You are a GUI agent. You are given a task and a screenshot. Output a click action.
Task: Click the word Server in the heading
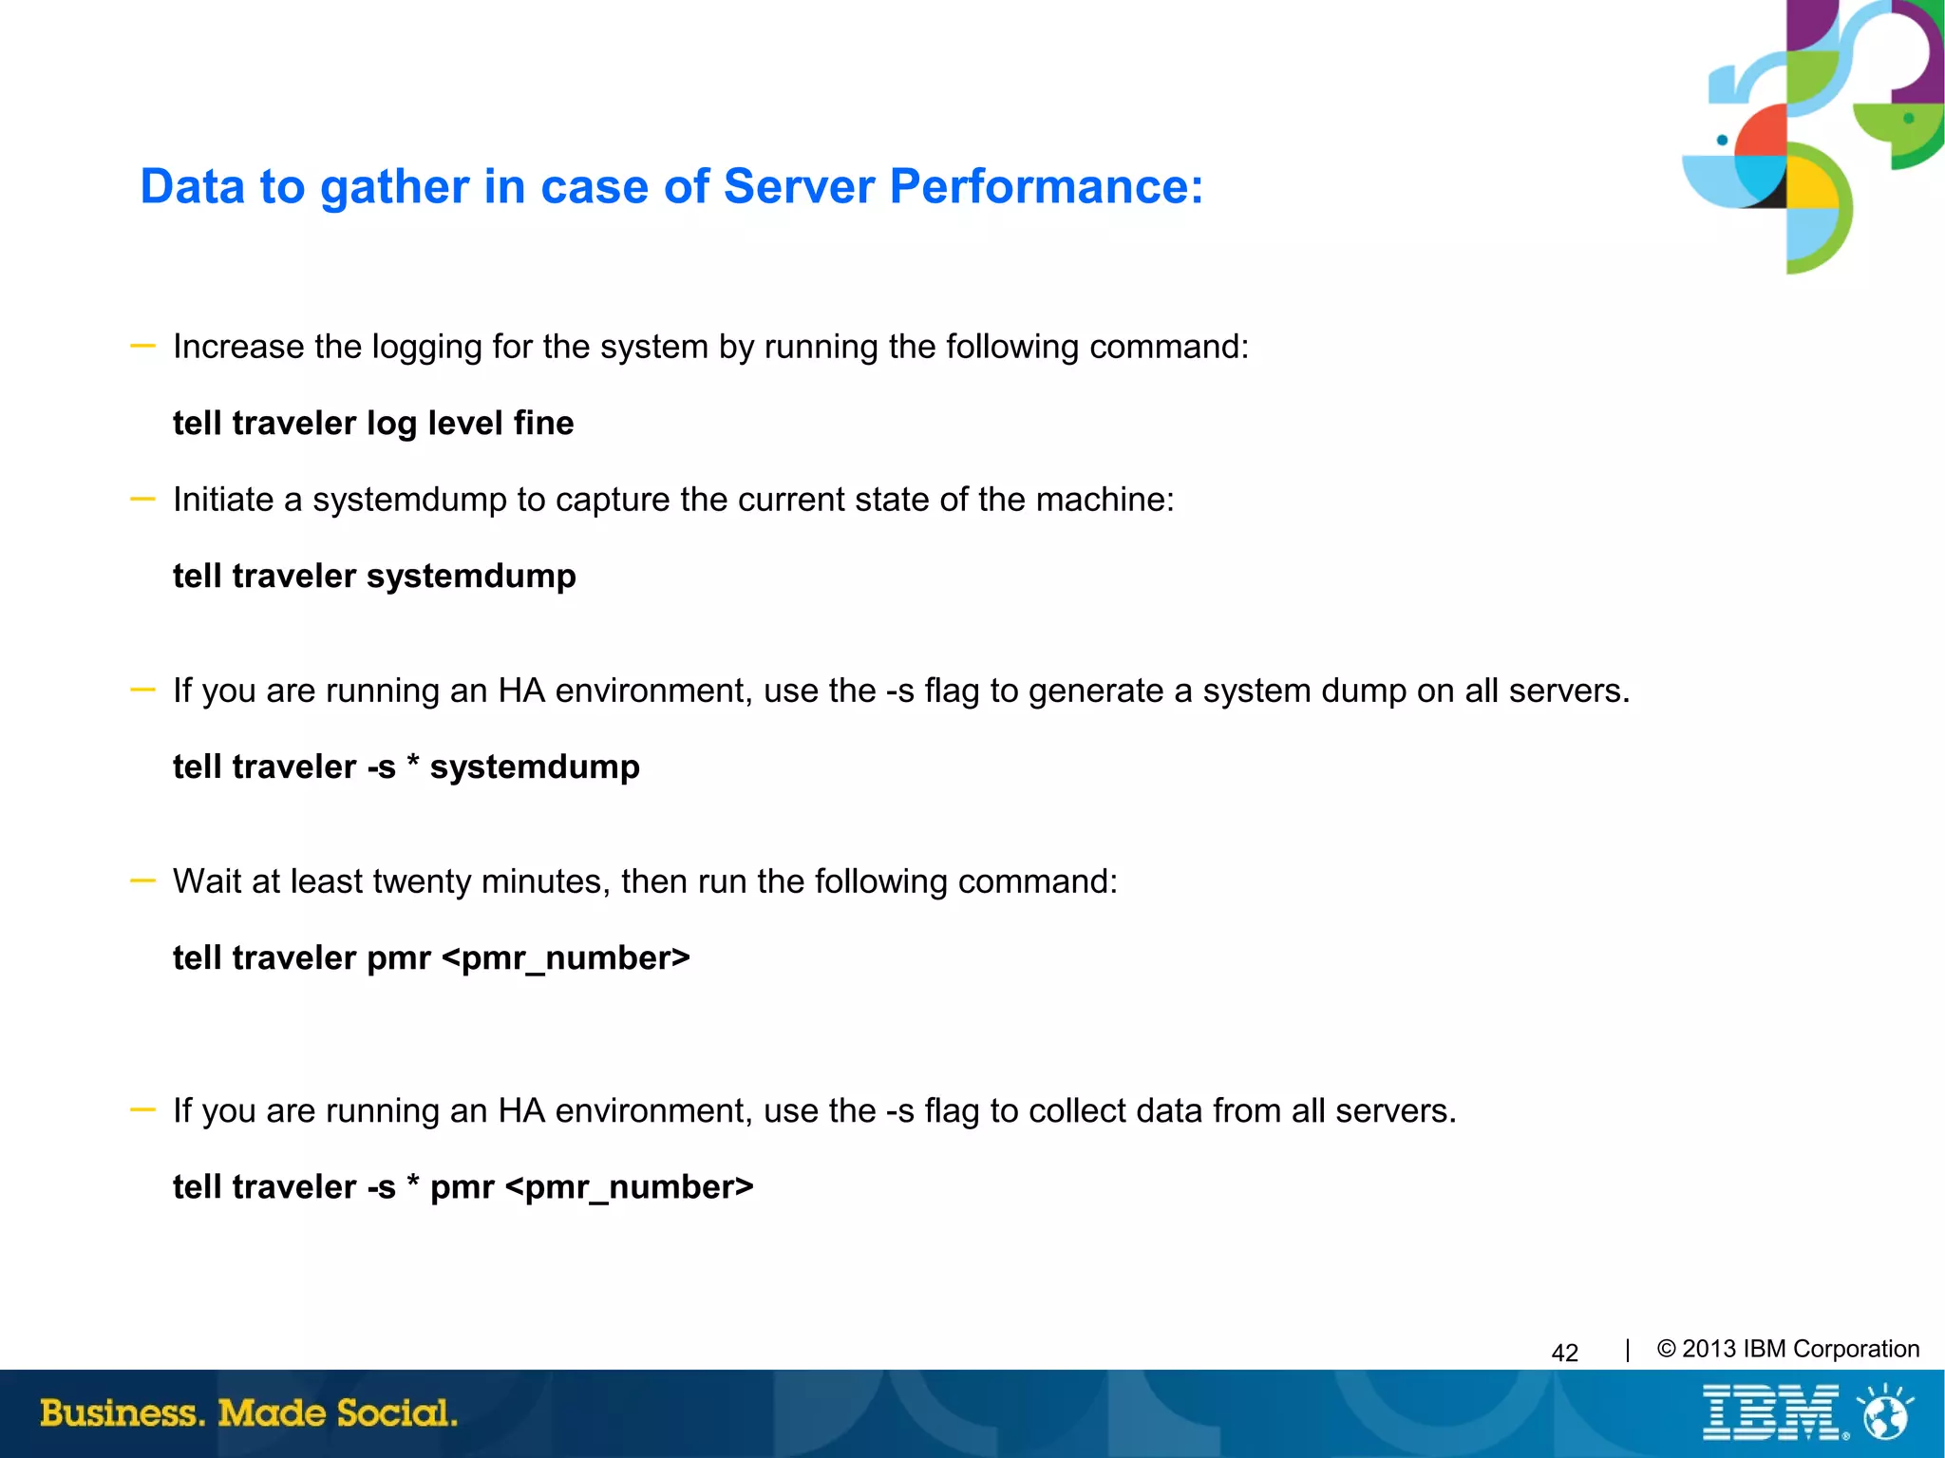(x=798, y=186)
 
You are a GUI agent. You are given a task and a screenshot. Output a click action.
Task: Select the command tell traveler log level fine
(x=373, y=423)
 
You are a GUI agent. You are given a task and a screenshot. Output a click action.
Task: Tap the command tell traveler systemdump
(x=374, y=577)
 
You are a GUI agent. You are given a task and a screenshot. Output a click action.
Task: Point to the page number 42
(x=1564, y=1353)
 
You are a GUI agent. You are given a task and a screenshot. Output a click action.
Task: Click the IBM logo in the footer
(x=1771, y=1412)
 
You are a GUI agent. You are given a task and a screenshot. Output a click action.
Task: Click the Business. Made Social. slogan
(x=249, y=1412)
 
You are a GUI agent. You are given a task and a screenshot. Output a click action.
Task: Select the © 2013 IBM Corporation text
(x=1787, y=1349)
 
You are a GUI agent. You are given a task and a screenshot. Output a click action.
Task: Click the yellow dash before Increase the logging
(x=142, y=347)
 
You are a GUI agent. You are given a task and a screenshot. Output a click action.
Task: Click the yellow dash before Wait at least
(x=142, y=881)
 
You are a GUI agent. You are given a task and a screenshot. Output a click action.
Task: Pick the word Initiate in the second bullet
(x=223, y=500)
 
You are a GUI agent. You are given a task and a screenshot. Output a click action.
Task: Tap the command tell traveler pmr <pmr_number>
(x=431, y=958)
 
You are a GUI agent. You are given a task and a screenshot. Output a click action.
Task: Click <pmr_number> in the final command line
(x=630, y=1187)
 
